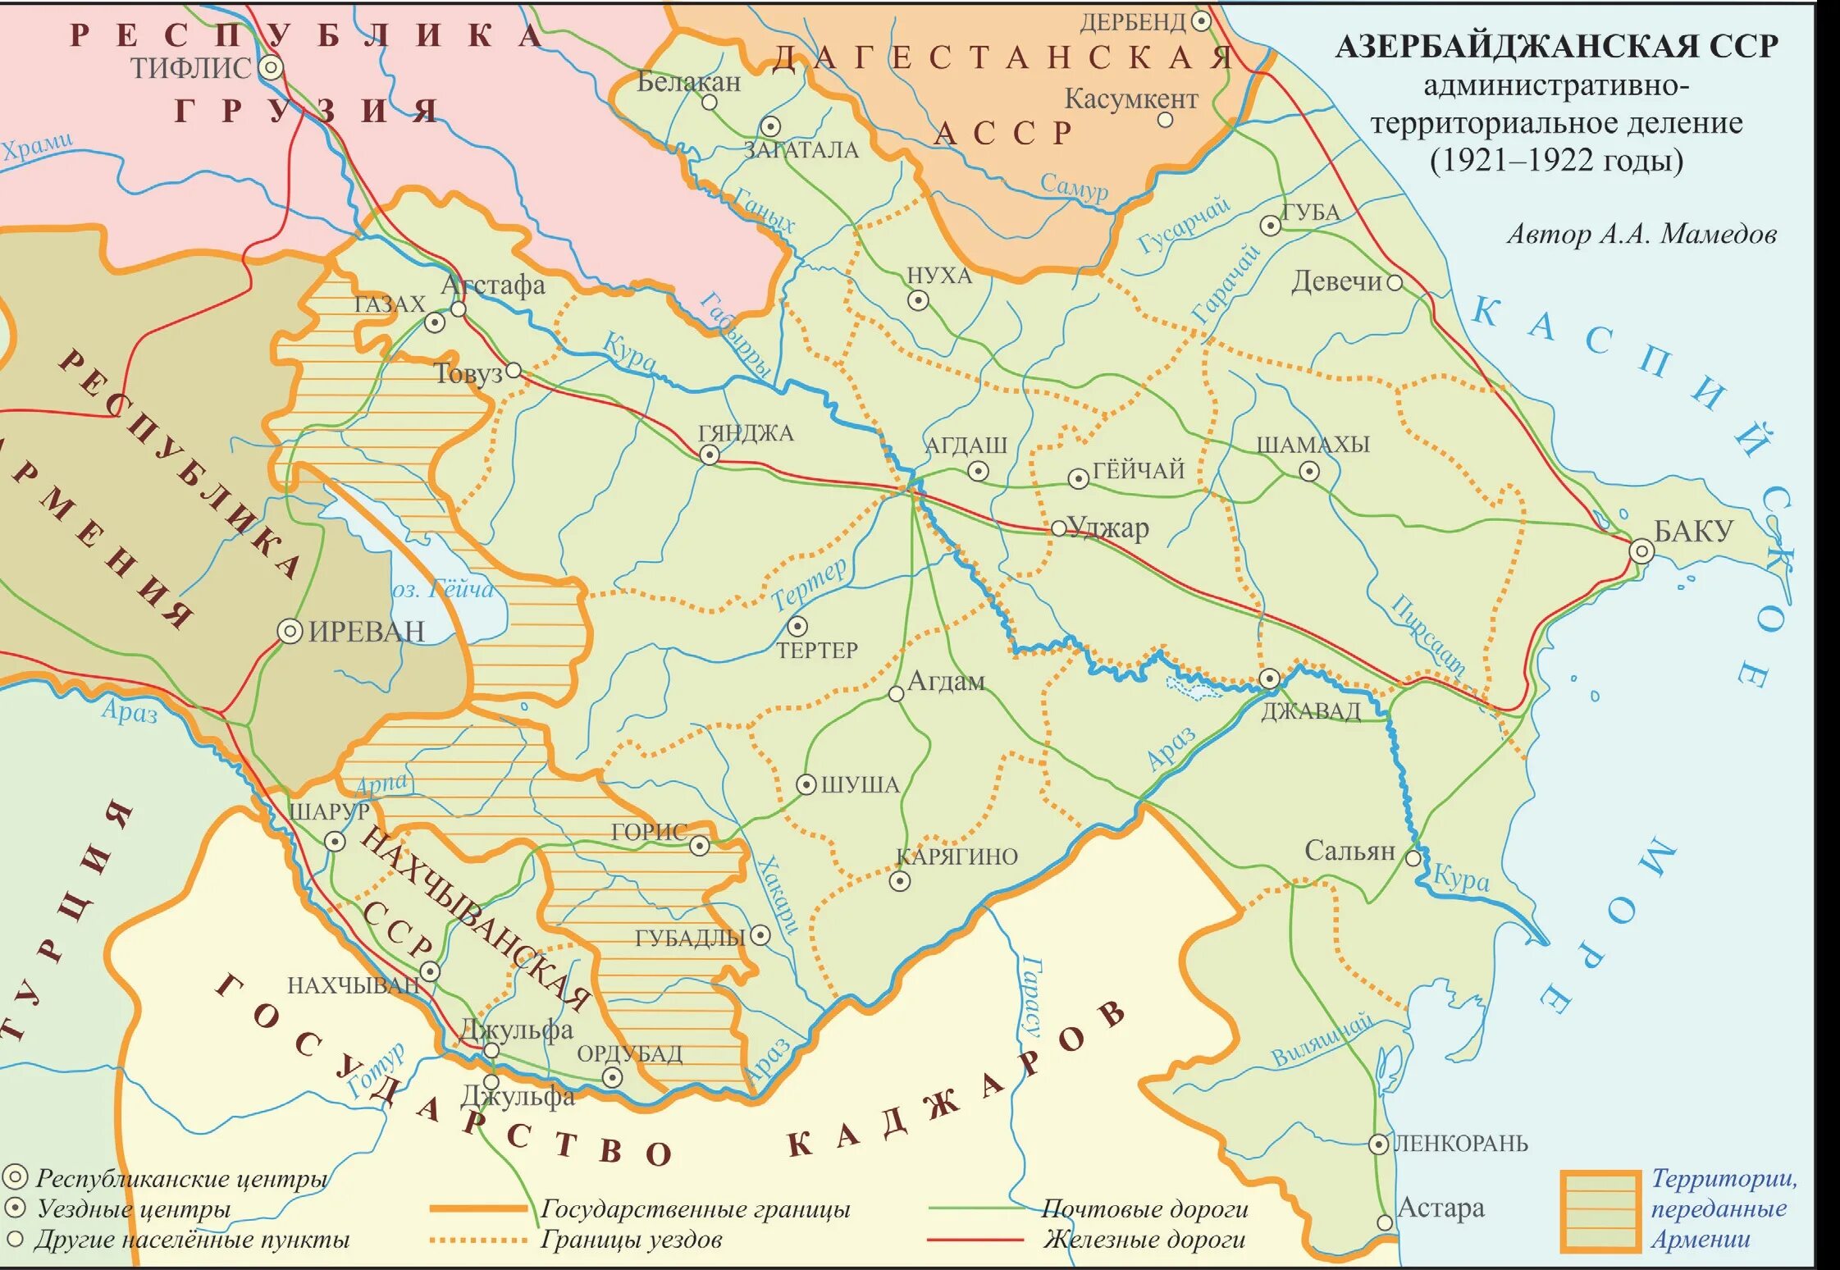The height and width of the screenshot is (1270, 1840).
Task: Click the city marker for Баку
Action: (x=1641, y=550)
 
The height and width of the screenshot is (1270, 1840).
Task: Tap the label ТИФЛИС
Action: (x=190, y=68)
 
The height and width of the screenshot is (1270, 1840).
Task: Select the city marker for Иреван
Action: (x=290, y=631)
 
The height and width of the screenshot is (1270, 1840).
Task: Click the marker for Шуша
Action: (x=806, y=784)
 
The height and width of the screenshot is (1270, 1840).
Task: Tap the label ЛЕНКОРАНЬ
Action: (x=1461, y=1143)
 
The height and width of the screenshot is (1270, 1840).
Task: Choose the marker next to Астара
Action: (x=1385, y=1222)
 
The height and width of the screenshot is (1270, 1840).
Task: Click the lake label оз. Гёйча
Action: (x=443, y=589)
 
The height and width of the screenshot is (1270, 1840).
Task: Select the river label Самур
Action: (x=1074, y=186)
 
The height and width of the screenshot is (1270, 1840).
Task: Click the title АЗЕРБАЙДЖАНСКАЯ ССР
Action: (x=1556, y=46)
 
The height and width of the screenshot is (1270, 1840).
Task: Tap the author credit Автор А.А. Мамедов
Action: (x=1641, y=235)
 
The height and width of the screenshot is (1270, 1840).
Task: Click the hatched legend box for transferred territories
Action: (x=1600, y=1211)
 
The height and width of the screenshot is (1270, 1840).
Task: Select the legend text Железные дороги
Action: (x=1144, y=1240)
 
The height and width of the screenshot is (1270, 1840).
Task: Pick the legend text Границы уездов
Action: (x=631, y=1240)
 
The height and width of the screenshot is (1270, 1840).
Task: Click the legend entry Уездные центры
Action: (x=134, y=1208)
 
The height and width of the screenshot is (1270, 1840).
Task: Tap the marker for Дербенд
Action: (x=1201, y=21)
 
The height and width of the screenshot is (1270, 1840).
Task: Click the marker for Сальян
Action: (x=1413, y=858)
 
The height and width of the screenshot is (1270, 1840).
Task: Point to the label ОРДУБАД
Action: (x=629, y=1054)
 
